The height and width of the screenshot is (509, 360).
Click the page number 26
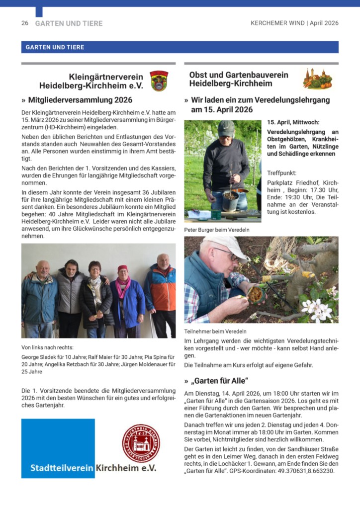[24, 23]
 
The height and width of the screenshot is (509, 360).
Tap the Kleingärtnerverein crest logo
[159, 81]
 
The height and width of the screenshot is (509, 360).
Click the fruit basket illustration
[317, 79]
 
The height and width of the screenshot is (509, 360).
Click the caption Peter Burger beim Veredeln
[216, 230]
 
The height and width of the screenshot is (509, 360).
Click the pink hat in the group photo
[122, 268]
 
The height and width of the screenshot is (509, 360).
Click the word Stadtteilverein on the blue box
[62, 468]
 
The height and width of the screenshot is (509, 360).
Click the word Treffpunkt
[281, 173]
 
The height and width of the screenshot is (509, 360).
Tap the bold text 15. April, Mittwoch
[293, 122]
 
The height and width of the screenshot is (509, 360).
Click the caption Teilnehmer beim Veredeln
[215, 331]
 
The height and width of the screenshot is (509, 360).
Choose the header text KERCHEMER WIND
[278, 23]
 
